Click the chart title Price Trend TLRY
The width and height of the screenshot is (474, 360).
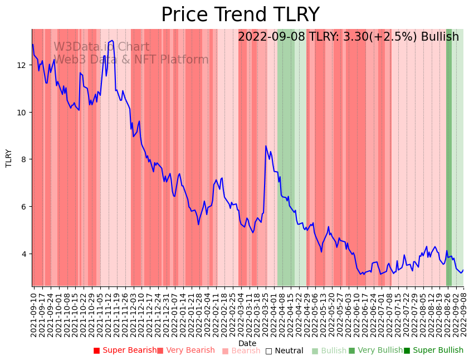[x=240, y=15]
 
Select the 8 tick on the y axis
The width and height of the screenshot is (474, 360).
[x=25, y=159]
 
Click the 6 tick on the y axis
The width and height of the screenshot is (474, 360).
[x=25, y=207]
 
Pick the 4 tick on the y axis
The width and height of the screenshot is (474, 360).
[x=25, y=254]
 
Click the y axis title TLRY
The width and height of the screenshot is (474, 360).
[x=9, y=158]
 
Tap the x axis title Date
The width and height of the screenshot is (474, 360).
[x=247, y=343]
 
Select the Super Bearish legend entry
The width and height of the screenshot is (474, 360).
[x=125, y=351]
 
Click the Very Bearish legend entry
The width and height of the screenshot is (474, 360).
[x=185, y=351]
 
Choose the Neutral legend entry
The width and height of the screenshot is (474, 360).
[x=284, y=351]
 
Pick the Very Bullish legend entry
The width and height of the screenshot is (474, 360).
[x=375, y=351]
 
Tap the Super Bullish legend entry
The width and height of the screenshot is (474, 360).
[x=433, y=351]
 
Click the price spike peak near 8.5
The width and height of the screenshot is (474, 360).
[x=266, y=146]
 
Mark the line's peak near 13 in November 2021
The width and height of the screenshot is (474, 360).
[x=113, y=41]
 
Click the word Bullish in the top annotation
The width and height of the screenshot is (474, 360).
[x=440, y=37]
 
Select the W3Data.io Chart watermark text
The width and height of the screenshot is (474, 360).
[x=101, y=47]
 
